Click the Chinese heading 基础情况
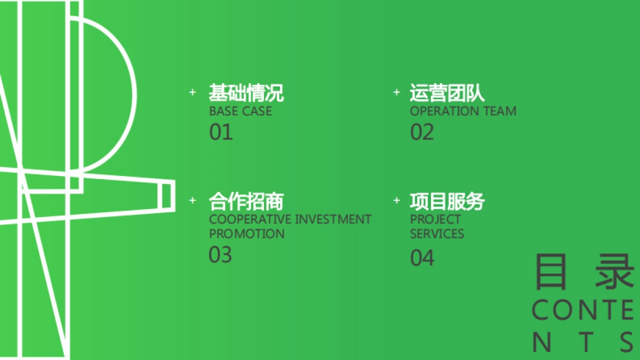pyautogui.click(x=246, y=93)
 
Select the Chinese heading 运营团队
pyautogui.click(x=447, y=93)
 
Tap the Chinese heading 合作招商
pyautogui.click(x=246, y=202)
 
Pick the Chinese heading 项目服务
pyautogui.click(x=447, y=202)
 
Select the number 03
pyautogui.click(x=220, y=255)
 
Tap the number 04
pyautogui.click(x=422, y=258)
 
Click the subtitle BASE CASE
pyautogui.click(x=240, y=111)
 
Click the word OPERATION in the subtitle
pyautogui.click(x=445, y=111)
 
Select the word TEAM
pyautogui.click(x=500, y=111)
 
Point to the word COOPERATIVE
pyautogui.click(x=250, y=219)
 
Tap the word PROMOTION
pyautogui.click(x=246, y=234)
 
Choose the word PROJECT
pyautogui.click(x=435, y=219)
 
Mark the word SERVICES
pyautogui.click(x=437, y=234)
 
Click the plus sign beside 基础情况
pyautogui.click(x=193, y=92)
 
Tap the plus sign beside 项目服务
pyautogui.click(x=396, y=201)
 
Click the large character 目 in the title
pyautogui.click(x=550, y=272)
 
